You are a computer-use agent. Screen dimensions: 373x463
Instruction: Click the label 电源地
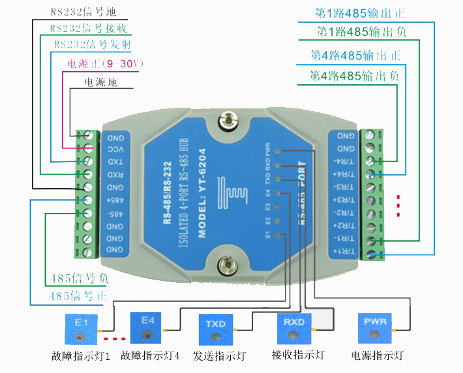point(102,83)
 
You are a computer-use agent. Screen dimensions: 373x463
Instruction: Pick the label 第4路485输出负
point(355,76)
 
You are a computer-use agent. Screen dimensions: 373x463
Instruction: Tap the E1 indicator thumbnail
point(81,330)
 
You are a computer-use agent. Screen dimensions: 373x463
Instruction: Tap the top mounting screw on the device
point(227,119)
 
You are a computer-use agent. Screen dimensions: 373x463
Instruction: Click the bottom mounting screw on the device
point(224,265)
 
